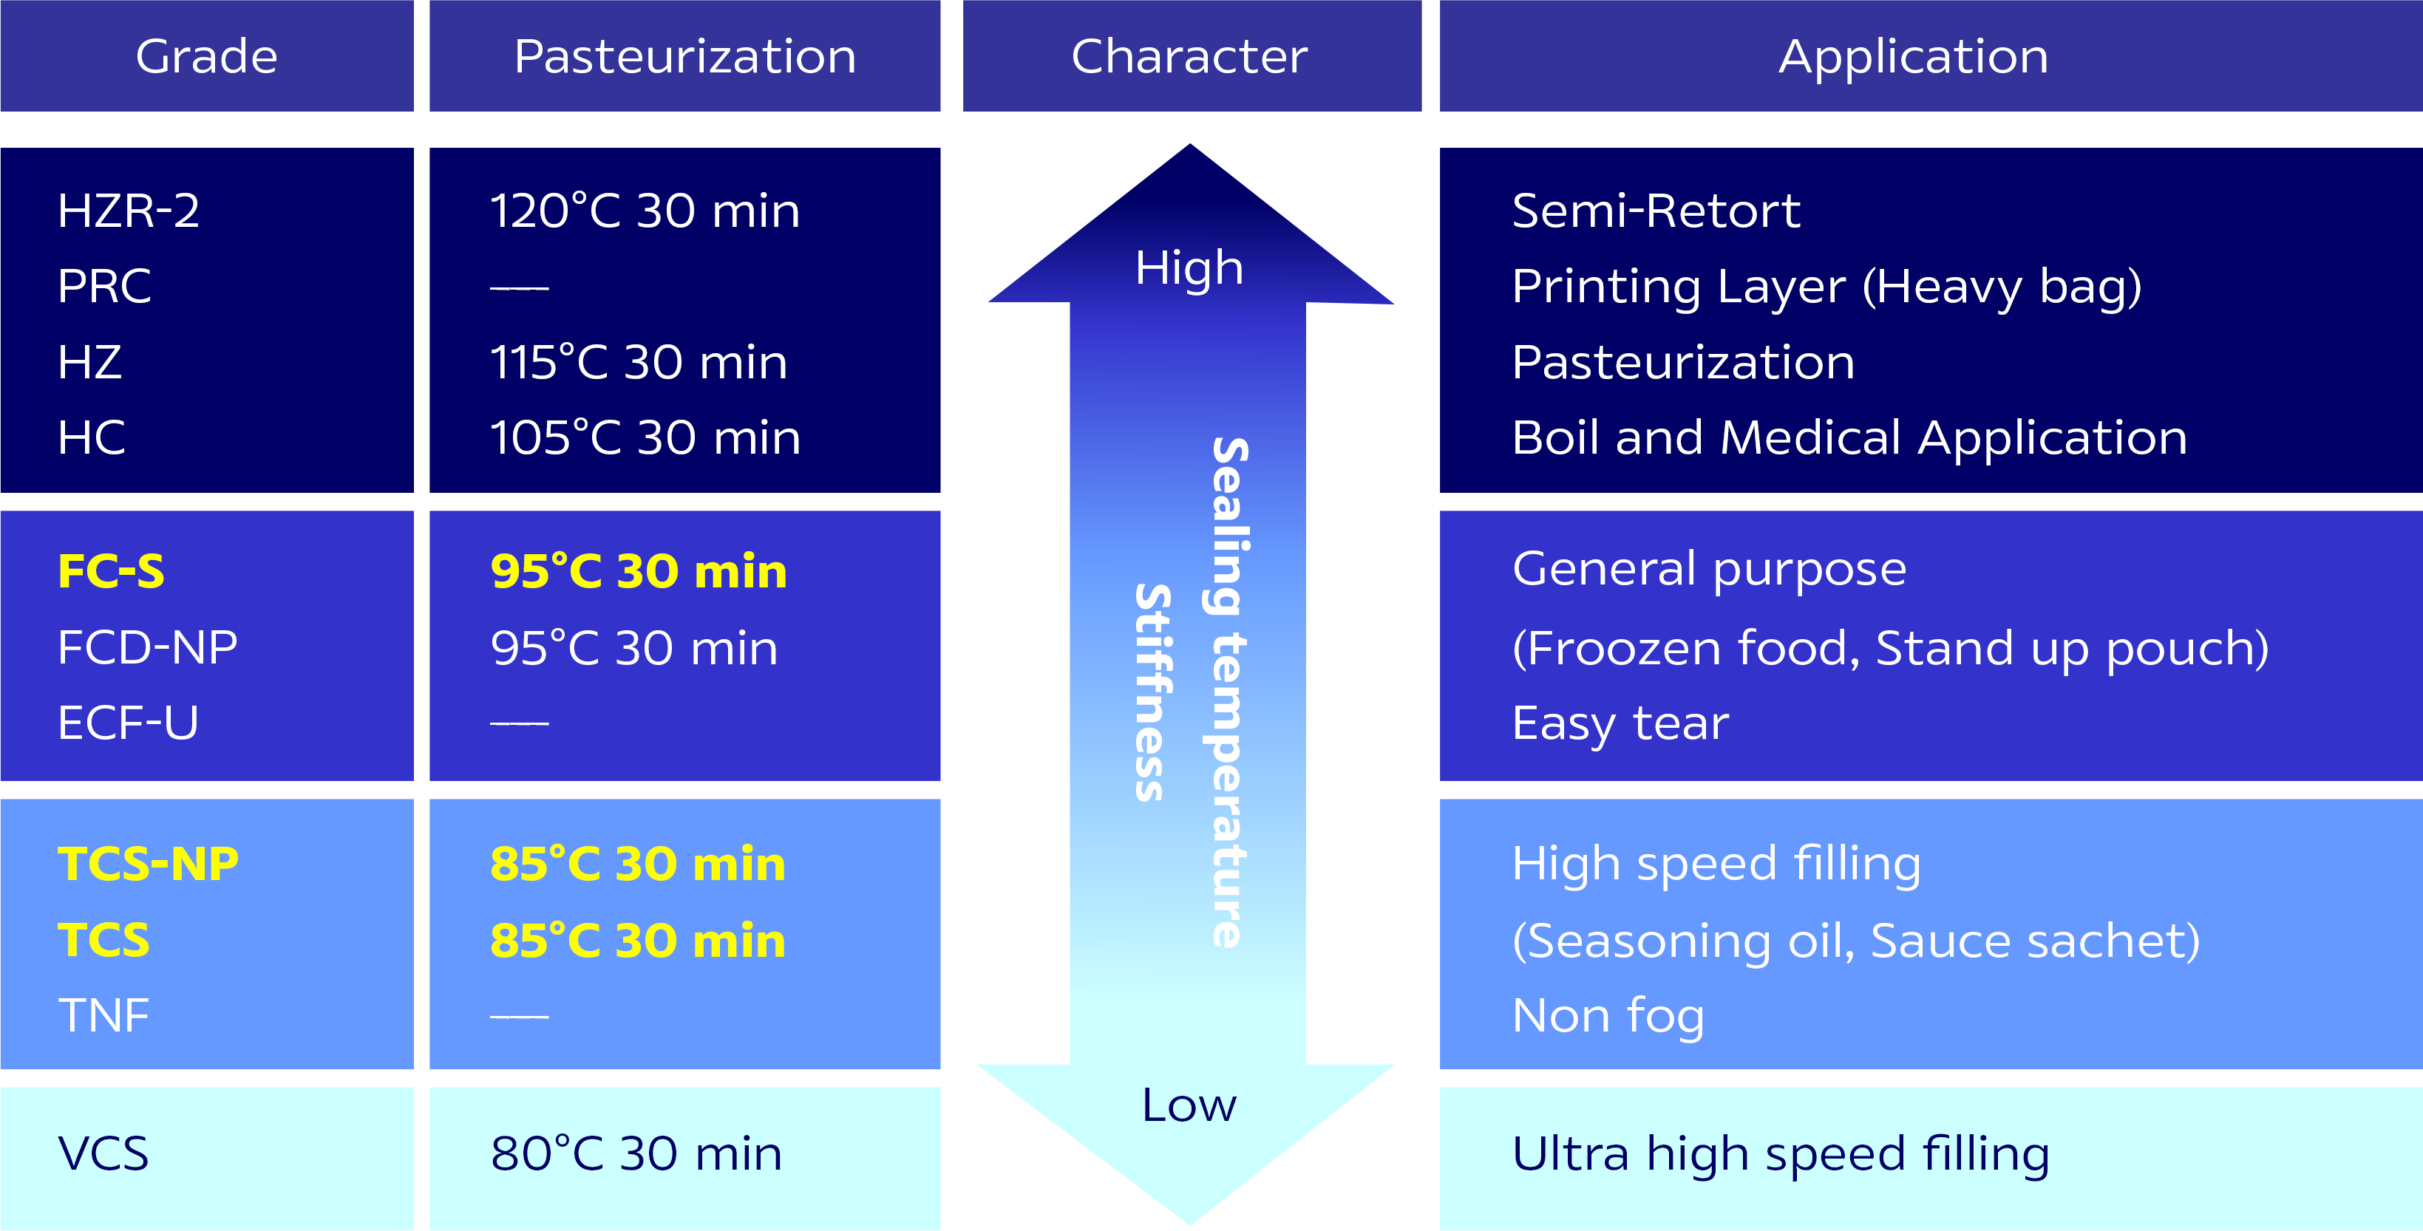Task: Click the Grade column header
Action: pos(206,56)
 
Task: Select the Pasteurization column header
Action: pos(684,56)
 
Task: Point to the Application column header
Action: pos(1913,56)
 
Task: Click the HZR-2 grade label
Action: pos(128,210)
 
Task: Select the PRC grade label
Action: pos(103,286)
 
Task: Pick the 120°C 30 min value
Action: pos(645,210)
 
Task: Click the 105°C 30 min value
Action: pos(645,437)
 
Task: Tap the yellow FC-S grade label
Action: pos(111,571)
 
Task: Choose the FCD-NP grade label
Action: pos(148,647)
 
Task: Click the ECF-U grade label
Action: pos(128,722)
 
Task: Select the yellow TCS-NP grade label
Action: pos(148,863)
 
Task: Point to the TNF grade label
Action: pos(103,1016)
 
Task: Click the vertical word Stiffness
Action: pos(1152,692)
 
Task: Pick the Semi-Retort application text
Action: pos(1656,210)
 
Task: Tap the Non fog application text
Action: pos(1608,1016)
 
